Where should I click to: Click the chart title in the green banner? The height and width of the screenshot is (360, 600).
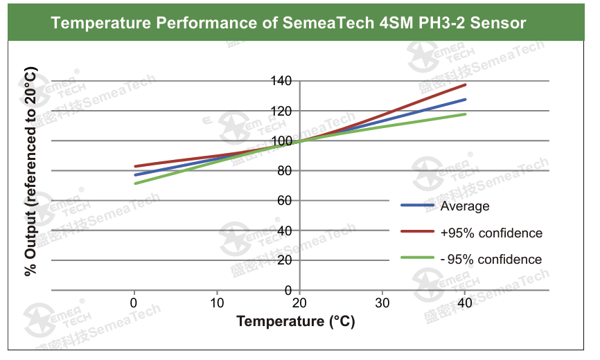pyautogui.click(x=288, y=23)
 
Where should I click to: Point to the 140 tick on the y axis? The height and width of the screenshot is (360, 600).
pyautogui.click(x=281, y=81)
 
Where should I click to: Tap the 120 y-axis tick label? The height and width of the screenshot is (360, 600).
pyautogui.click(x=281, y=111)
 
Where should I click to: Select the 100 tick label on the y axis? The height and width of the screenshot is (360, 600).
pyautogui.click(x=281, y=141)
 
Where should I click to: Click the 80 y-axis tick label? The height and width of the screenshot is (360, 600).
pyautogui.click(x=284, y=170)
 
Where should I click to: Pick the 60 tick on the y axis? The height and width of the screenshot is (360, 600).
pyautogui.click(x=284, y=201)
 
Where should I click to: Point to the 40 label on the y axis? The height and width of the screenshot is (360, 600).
pyautogui.click(x=284, y=231)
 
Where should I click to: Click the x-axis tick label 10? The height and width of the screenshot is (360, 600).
pyautogui.click(x=216, y=303)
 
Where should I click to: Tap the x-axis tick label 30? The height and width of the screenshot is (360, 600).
pyautogui.click(x=382, y=303)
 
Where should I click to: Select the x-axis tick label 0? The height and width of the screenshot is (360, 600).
pyautogui.click(x=134, y=303)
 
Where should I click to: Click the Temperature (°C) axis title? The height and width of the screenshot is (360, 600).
pyautogui.click(x=296, y=321)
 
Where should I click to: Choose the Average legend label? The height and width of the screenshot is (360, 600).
pyautogui.click(x=465, y=206)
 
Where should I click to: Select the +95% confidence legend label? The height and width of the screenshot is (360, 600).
pyautogui.click(x=491, y=233)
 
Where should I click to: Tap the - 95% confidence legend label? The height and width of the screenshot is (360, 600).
pyautogui.click(x=491, y=260)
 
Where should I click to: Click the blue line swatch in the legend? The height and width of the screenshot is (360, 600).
pyautogui.click(x=417, y=206)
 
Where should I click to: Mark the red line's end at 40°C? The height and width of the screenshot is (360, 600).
pyautogui.click(x=465, y=84)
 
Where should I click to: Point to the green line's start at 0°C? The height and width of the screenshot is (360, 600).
pyautogui.click(x=134, y=183)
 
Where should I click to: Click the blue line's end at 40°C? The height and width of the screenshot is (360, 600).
pyautogui.click(x=465, y=99)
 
